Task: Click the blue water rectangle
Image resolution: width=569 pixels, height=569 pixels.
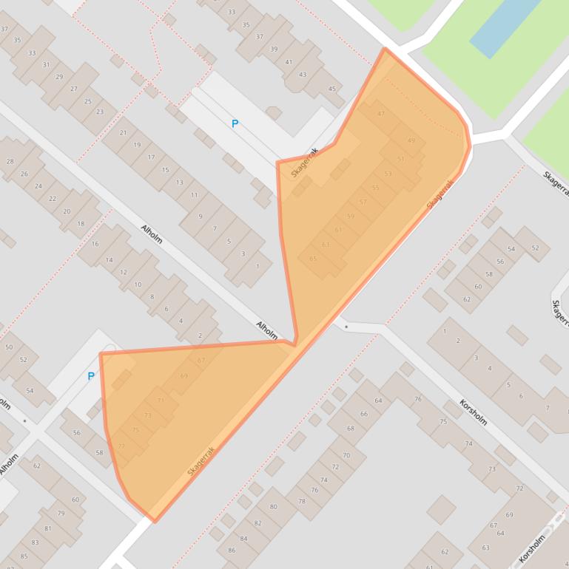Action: [x=505, y=26]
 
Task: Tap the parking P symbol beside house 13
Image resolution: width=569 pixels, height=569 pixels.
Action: [x=235, y=124]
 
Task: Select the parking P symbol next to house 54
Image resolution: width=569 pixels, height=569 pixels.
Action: [x=91, y=376]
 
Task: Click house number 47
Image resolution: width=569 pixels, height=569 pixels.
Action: [x=381, y=114]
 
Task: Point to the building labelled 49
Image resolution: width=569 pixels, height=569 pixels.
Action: [x=411, y=141]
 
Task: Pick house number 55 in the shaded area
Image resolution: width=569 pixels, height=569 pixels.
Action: [x=375, y=188]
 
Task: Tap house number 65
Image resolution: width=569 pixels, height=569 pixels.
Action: [x=313, y=259]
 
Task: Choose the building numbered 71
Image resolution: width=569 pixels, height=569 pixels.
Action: [x=161, y=401]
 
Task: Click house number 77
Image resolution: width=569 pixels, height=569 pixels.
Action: [x=121, y=446]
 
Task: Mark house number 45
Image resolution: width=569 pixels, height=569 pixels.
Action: [x=332, y=89]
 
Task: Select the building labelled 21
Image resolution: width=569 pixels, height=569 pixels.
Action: [x=123, y=133]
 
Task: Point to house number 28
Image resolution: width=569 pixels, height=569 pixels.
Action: [x=10, y=161]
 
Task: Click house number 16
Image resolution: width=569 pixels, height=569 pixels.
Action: [x=95, y=244]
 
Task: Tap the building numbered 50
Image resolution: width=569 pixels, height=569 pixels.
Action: [x=9, y=347]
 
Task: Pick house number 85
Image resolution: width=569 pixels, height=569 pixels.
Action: [x=24, y=556]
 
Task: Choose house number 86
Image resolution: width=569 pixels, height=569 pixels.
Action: [x=232, y=550]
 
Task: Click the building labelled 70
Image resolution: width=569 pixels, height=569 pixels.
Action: [x=346, y=456]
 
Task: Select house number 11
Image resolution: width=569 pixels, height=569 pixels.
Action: [x=194, y=195]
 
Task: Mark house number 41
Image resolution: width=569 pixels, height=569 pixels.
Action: [x=289, y=62]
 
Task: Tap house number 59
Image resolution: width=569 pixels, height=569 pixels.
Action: [x=351, y=217]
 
